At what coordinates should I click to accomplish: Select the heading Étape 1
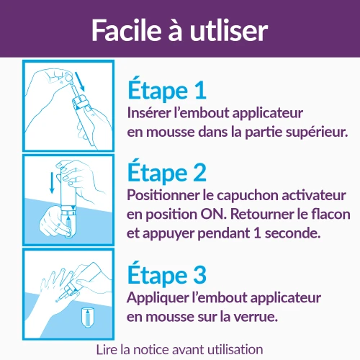[167, 90]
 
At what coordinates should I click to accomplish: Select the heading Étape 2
[167, 173]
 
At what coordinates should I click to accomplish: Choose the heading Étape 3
[167, 275]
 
